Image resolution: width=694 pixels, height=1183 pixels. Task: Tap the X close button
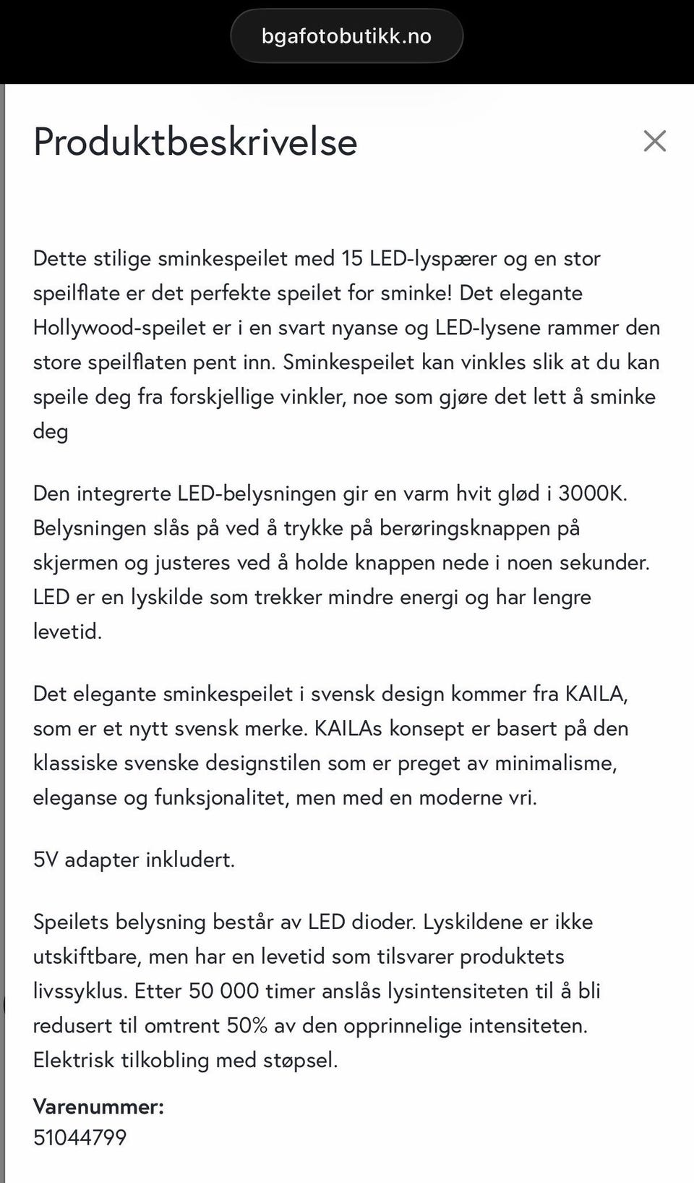[x=654, y=141]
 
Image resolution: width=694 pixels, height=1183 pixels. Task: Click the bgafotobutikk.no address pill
[x=346, y=36]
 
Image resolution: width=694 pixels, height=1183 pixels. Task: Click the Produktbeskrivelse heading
[x=195, y=142]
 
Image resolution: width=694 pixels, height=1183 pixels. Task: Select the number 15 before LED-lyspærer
[x=351, y=258]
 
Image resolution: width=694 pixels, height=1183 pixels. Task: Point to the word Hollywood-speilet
[x=119, y=328]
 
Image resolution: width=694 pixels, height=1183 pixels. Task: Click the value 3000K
[x=592, y=493]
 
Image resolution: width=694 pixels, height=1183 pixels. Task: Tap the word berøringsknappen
[x=464, y=528]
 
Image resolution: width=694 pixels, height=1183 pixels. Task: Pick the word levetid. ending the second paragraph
[x=67, y=632]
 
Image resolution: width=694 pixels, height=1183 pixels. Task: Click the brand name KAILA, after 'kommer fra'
[x=596, y=694]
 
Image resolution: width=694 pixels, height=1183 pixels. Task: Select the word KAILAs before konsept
[x=348, y=728]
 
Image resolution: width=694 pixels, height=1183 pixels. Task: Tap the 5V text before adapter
[x=46, y=860]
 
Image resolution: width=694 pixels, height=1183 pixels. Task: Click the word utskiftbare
[x=87, y=957]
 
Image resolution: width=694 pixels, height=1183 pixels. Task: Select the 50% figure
[x=247, y=1025]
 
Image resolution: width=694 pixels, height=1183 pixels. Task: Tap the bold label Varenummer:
[x=98, y=1106]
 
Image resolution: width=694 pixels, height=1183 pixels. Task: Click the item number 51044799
[x=80, y=1137]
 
